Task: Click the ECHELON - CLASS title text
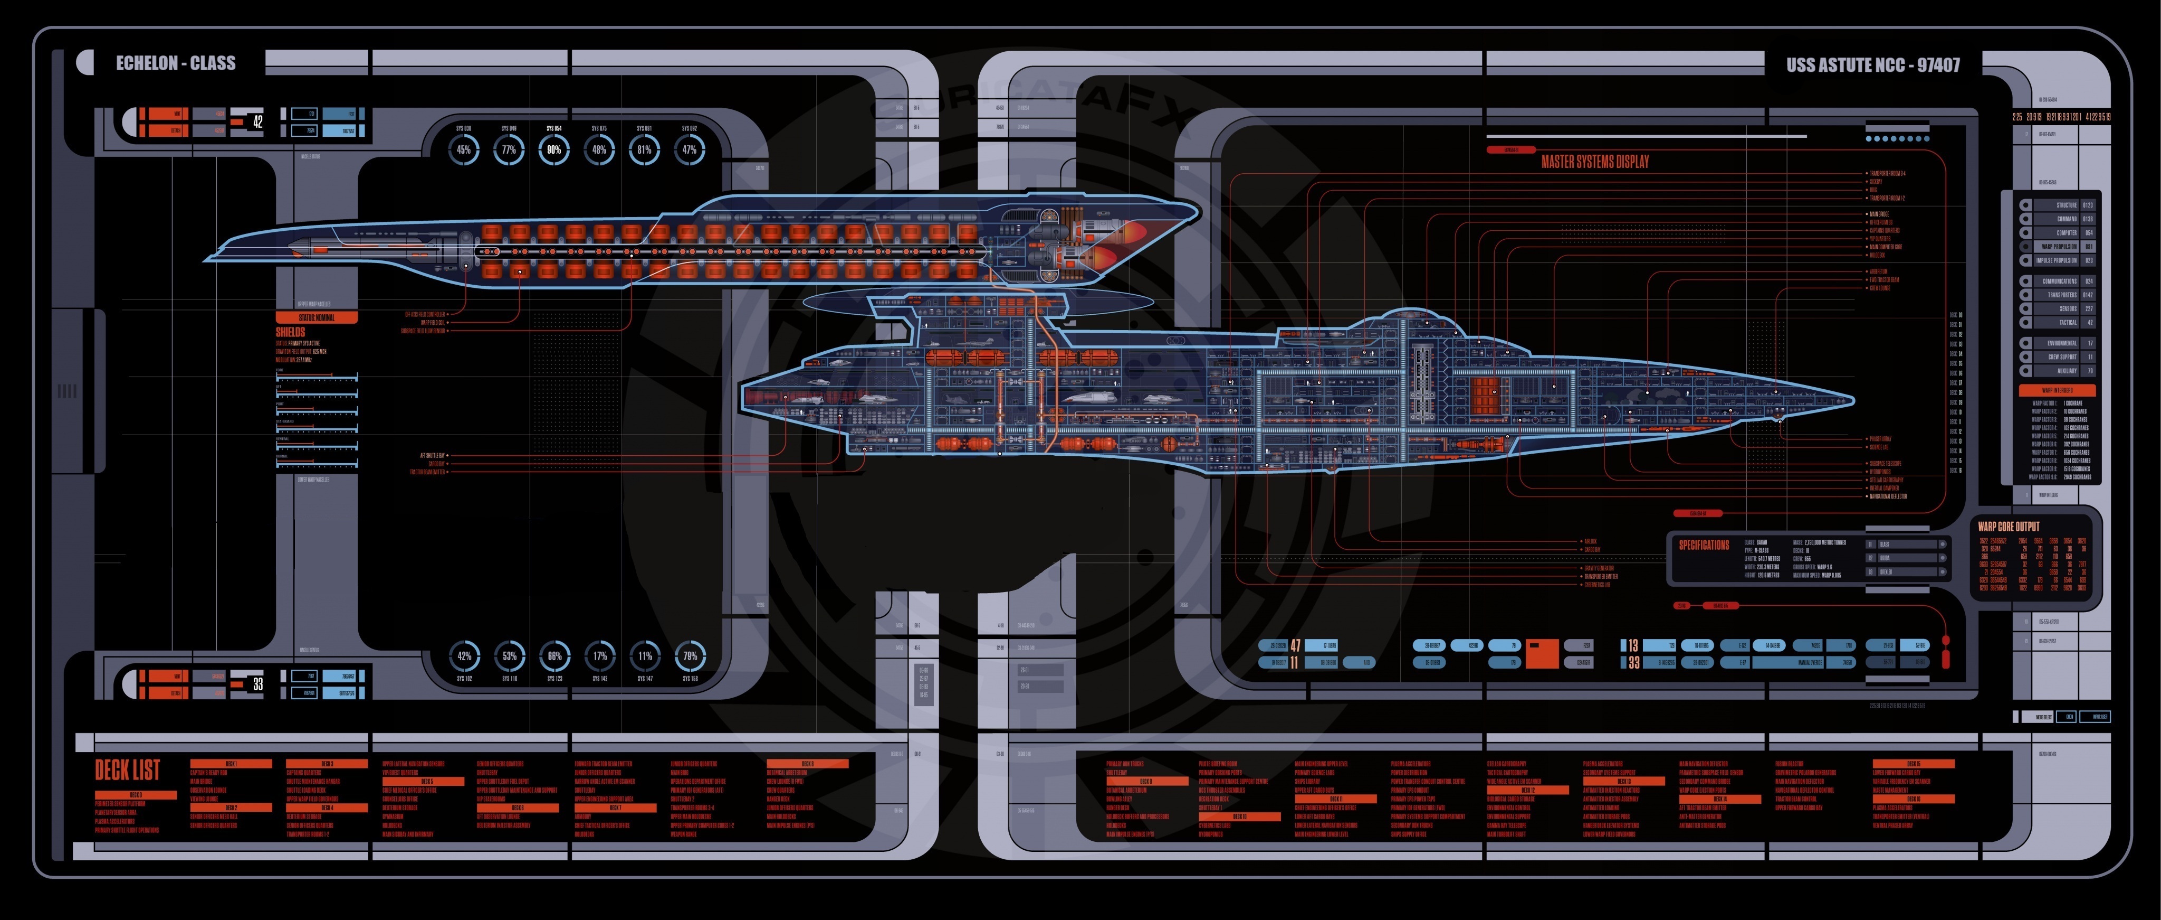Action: click(175, 63)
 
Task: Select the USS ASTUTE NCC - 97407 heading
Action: click(1872, 64)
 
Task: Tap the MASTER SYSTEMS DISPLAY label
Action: click(1595, 161)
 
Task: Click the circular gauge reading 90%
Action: click(553, 151)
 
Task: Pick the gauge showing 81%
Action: click(644, 151)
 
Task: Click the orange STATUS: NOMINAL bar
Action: click(316, 317)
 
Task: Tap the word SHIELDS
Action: click(290, 332)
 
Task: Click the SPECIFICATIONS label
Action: click(1704, 545)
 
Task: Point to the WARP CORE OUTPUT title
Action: click(2009, 527)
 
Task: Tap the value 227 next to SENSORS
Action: click(2089, 309)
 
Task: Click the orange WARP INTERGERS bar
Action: click(2057, 390)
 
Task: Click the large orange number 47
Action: click(1295, 645)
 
